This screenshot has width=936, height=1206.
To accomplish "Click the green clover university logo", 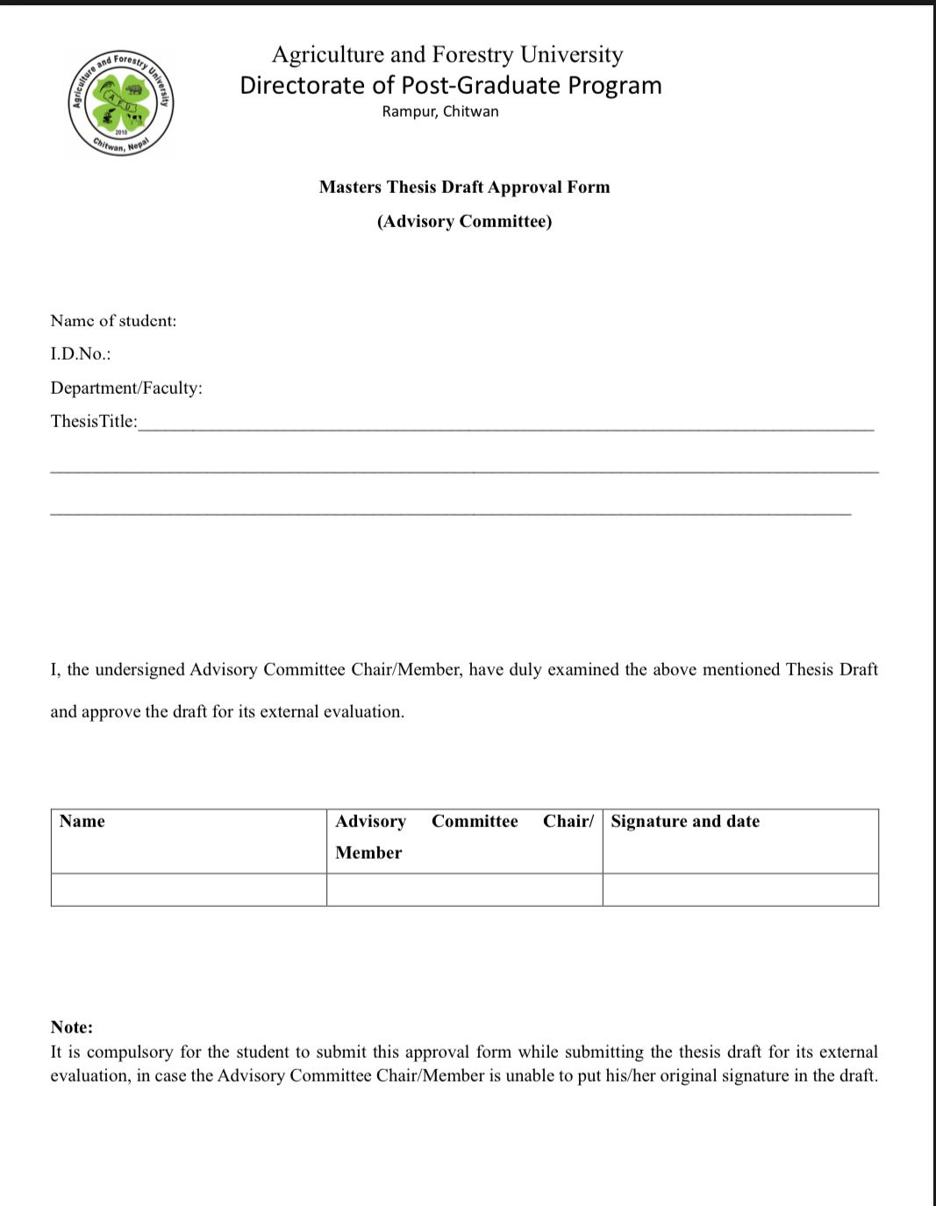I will (x=122, y=103).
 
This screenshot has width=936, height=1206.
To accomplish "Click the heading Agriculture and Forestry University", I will (x=447, y=54).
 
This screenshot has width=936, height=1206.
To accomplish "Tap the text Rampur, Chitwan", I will (x=440, y=111).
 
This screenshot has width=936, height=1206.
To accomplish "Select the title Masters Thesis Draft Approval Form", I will (x=464, y=187).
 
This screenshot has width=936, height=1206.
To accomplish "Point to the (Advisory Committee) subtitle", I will (x=464, y=221).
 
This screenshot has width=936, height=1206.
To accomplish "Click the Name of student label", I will (x=113, y=321).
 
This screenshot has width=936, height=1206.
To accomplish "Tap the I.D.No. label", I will (x=81, y=354).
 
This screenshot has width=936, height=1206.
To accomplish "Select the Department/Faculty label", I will (x=126, y=388).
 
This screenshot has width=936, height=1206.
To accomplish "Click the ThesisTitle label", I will (x=94, y=421).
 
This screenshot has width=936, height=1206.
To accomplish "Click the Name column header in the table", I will (x=82, y=822).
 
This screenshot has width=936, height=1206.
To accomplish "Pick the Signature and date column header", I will (x=685, y=822).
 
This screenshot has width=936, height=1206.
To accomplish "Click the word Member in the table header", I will (x=368, y=853).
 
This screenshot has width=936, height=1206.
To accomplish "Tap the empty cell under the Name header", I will (x=189, y=889).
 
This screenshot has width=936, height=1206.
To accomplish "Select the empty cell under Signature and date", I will (x=740, y=889).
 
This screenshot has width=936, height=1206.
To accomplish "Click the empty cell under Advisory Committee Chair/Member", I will (x=464, y=889).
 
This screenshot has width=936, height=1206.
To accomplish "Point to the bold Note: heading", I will (x=72, y=1027).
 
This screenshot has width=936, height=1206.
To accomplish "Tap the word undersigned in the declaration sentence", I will (x=140, y=670).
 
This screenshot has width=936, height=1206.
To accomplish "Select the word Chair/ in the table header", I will (x=568, y=822).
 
